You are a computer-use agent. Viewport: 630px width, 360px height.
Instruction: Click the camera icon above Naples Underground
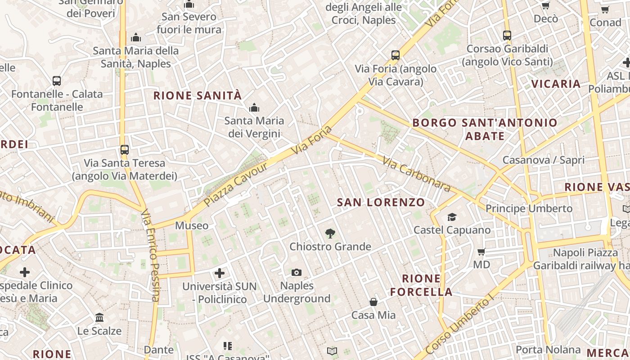click(x=296, y=272)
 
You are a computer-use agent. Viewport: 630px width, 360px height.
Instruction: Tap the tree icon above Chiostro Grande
click(x=330, y=233)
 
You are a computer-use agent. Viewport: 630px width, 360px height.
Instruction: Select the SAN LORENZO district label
click(x=381, y=202)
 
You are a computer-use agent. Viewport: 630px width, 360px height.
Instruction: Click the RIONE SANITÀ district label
click(x=198, y=95)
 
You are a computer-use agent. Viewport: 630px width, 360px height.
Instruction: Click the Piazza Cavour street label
click(x=236, y=184)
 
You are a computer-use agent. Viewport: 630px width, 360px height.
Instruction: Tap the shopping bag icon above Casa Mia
click(x=373, y=301)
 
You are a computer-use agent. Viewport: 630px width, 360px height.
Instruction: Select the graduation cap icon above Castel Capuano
click(x=452, y=217)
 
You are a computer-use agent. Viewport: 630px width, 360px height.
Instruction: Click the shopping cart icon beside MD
click(x=481, y=252)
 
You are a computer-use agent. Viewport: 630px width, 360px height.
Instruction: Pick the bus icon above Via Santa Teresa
click(x=124, y=149)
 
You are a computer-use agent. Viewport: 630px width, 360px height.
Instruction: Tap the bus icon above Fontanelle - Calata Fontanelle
click(x=57, y=81)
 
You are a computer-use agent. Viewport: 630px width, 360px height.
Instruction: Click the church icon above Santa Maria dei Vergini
click(x=254, y=108)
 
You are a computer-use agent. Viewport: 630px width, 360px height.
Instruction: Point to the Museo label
click(x=192, y=225)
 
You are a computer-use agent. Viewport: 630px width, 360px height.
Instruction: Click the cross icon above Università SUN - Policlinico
click(x=219, y=273)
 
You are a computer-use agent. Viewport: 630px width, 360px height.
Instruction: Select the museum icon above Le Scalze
click(x=99, y=318)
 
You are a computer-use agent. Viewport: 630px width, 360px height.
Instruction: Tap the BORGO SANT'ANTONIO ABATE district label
click(x=485, y=129)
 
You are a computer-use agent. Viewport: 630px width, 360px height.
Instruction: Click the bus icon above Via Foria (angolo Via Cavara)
click(x=395, y=55)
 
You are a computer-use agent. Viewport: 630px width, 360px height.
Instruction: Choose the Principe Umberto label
click(x=529, y=208)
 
